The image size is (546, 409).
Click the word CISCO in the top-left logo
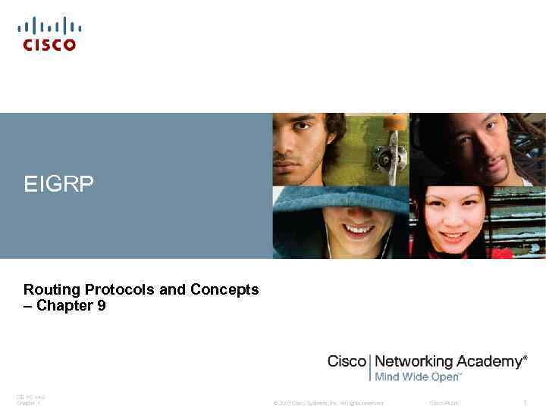(49, 45)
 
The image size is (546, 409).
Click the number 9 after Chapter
(102, 306)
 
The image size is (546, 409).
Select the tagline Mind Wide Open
(417, 376)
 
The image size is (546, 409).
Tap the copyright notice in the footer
(328, 403)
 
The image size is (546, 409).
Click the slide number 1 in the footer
(525, 403)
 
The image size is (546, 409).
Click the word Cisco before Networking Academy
(347, 361)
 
